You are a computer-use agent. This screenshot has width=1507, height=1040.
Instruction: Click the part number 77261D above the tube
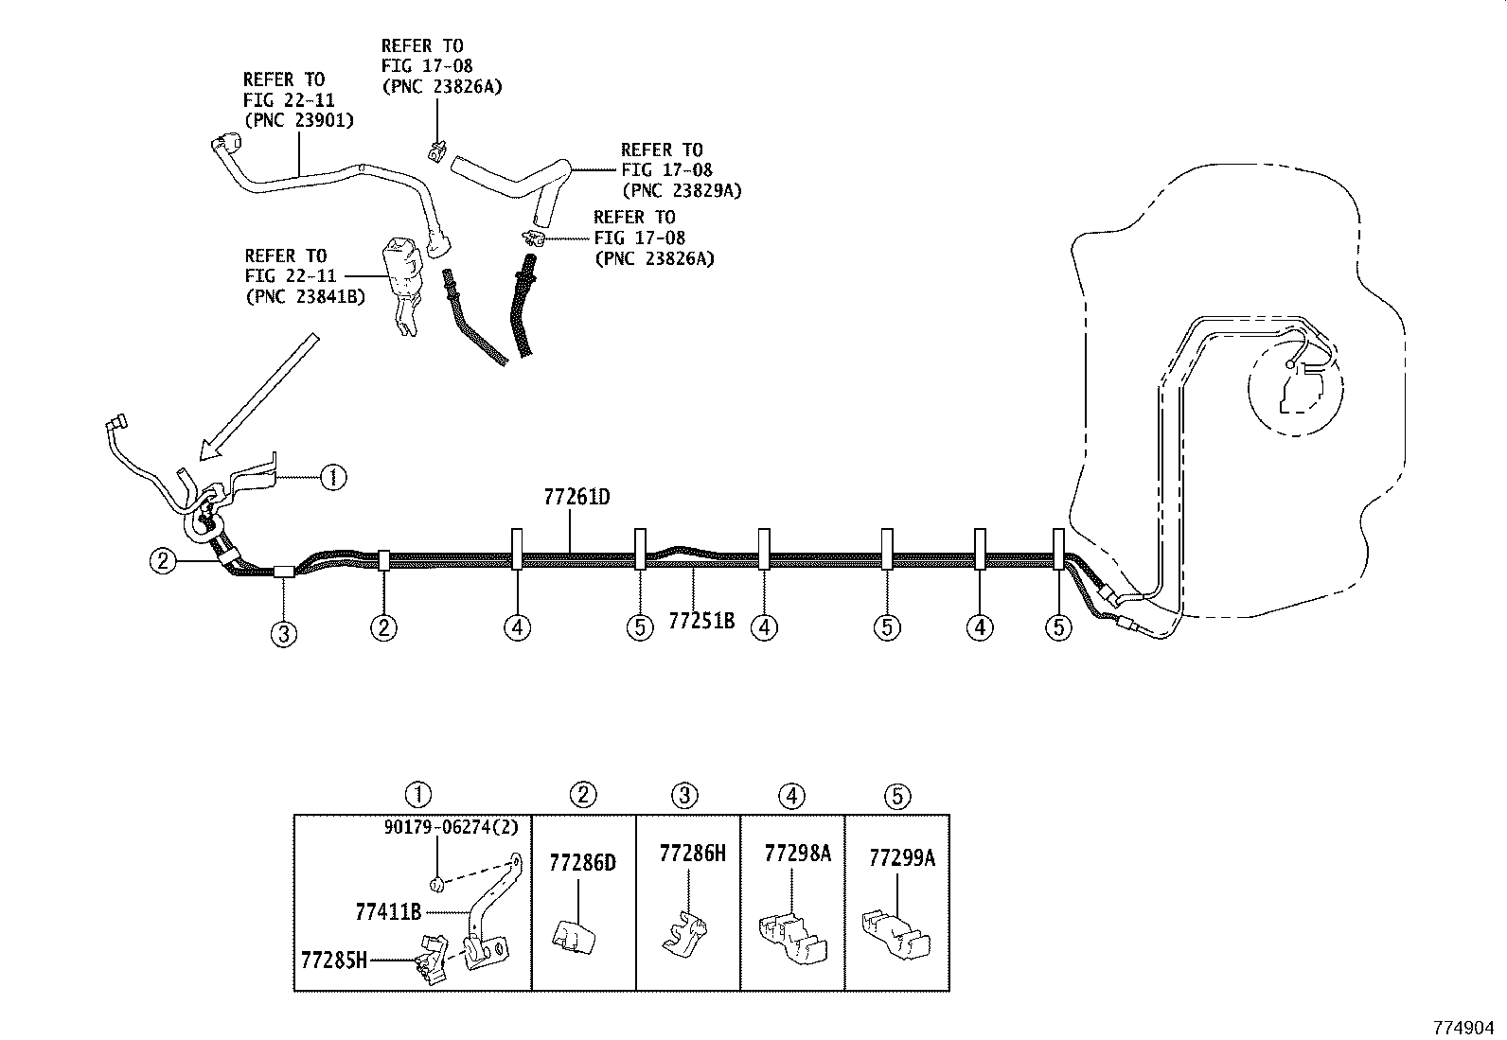click(x=576, y=497)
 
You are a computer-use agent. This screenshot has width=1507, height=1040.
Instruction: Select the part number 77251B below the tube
click(x=701, y=622)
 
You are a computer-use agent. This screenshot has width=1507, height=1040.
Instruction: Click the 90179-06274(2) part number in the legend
click(x=452, y=827)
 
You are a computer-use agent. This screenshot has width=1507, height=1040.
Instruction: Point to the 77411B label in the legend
click(x=388, y=912)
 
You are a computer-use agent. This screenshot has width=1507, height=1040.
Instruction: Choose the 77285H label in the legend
click(x=333, y=961)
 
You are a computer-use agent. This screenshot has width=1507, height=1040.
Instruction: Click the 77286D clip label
click(x=582, y=863)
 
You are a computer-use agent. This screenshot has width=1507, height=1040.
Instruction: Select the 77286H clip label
click(x=692, y=854)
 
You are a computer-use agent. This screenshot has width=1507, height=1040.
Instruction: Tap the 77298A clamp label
click(x=797, y=854)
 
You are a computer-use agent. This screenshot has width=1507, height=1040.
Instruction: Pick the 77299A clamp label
click(x=902, y=858)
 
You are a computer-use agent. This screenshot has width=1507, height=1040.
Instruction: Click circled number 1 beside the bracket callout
click(x=332, y=478)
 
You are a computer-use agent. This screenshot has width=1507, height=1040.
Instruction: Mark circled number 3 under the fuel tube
click(x=284, y=634)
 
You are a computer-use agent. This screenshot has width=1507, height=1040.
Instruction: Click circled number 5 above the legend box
click(x=897, y=797)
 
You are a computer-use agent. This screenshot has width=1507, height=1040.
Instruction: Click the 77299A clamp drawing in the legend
click(x=896, y=932)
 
